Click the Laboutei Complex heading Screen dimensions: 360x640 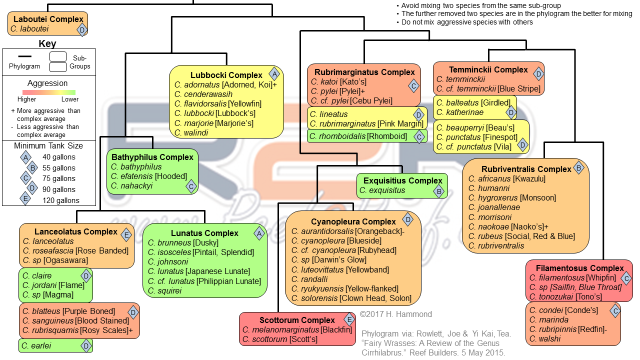(48, 19)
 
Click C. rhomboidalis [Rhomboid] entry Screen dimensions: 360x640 (357, 136)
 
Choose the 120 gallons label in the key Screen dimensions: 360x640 (61, 200)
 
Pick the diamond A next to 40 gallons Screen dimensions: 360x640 (24, 157)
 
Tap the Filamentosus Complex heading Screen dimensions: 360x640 (579, 268)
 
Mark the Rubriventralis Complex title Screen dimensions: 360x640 (526, 169)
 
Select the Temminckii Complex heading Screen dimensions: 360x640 (488, 70)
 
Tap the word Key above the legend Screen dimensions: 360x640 (47, 44)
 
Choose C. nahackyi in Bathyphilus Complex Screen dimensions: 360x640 (131, 186)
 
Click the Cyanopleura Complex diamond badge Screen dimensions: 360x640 (408, 219)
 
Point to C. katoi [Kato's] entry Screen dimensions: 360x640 (338, 82)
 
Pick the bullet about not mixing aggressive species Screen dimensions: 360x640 (466, 22)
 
